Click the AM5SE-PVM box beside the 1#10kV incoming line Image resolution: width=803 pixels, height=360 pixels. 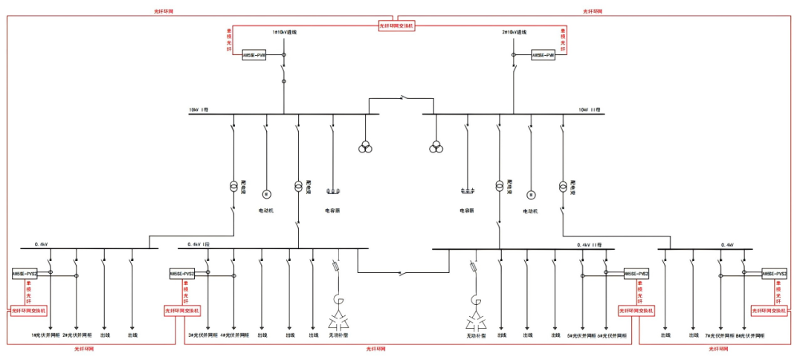pos(254,55)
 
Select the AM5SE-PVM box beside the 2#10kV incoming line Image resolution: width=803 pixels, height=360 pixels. pos(543,55)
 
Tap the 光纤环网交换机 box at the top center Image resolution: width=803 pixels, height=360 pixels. pos(396,25)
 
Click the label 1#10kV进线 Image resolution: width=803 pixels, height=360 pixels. pos(285,33)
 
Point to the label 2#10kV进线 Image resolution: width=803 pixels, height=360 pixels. pos(514,33)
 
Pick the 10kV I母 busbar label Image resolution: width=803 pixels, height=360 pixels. pos(199,109)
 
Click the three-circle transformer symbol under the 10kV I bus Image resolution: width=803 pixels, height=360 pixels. pos(365,146)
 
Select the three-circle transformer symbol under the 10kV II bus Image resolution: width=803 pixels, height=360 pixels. pos(436,146)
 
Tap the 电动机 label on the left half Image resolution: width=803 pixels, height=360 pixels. pos(266,210)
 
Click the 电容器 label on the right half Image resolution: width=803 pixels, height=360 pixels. pos(466,210)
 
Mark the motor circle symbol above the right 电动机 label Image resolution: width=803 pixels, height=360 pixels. pos(531,195)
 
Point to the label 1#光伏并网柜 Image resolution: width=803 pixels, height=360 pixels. pos(44,335)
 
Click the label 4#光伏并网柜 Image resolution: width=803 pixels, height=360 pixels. pos(233,335)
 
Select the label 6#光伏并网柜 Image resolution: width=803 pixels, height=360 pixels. pos(610,335)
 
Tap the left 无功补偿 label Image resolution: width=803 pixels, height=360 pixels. pos(339,335)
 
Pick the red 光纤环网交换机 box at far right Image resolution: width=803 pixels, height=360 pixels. pos(768,310)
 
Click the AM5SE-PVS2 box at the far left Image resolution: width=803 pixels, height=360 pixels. pos(24,274)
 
